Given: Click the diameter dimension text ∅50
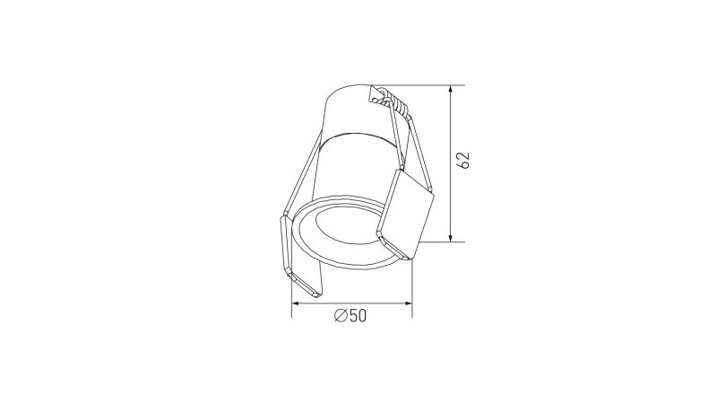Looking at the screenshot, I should [x=350, y=316].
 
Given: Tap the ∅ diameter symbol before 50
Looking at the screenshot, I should [x=340, y=316].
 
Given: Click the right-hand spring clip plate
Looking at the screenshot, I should [x=408, y=213].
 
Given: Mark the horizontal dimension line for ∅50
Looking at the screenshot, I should [x=323, y=305].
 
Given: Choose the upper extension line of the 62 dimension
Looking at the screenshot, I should [x=426, y=85].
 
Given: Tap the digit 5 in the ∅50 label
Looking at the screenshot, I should [x=351, y=316].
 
